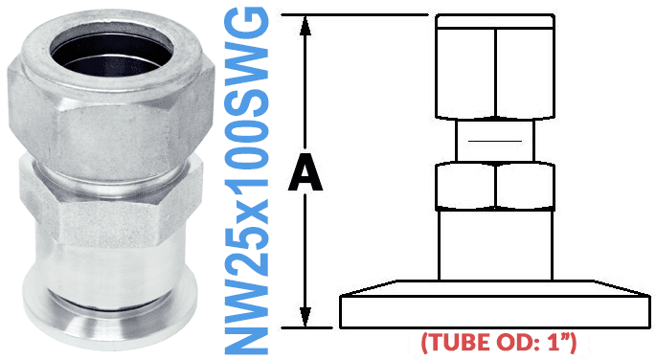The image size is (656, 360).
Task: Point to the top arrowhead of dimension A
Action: pyautogui.click(x=305, y=24)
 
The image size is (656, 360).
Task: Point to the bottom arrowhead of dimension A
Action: pyautogui.click(x=305, y=320)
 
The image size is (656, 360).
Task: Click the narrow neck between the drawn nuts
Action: pyautogui.click(x=495, y=142)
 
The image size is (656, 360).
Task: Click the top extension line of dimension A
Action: pyautogui.click(x=364, y=14)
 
